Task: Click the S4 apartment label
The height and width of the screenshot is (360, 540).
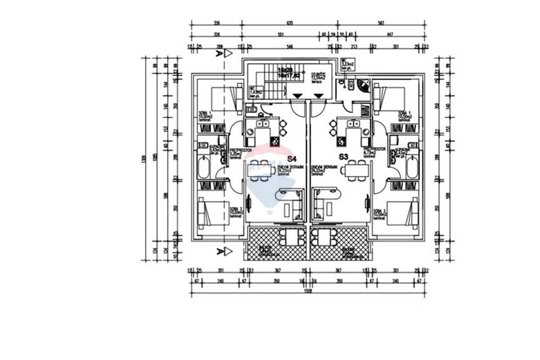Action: coord(292,159)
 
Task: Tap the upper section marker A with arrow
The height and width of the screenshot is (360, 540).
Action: coord(223,53)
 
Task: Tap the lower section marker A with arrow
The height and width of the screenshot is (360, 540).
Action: coord(223,251)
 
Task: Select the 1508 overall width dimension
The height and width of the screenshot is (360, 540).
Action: coord(308,290)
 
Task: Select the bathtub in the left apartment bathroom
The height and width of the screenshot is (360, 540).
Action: coord(204,167)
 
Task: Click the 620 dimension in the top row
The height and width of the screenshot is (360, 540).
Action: coord(289,23)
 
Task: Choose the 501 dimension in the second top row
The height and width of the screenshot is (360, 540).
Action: coord(281,34)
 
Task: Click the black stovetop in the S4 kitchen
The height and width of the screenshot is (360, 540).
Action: coord(275,142)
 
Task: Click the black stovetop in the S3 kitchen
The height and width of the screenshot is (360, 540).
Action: coord(340,142)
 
